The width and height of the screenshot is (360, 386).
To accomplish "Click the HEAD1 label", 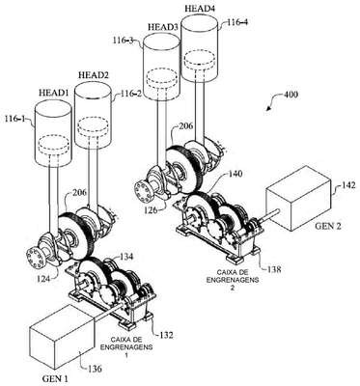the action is click(x=53, y=93).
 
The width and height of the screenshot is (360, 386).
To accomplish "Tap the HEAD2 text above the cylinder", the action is click(x=94, y=75).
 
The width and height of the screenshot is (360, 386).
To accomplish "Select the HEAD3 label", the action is click(x=163, y=27).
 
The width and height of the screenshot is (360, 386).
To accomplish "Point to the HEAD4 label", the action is click(x=200, y=9).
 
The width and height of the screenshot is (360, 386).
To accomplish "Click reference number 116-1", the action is click(x=14, y=119).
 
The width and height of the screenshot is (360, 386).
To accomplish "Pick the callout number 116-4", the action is click(x=237, y=22).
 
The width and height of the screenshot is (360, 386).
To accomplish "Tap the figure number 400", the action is click(x=291, y=95).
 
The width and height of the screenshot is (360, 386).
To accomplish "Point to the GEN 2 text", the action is click(x=328, y=226).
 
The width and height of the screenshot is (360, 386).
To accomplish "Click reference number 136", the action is click(x=95, y=369).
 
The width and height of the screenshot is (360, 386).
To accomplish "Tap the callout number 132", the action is click(x=166, y=335).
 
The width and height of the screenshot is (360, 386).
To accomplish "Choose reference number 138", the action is click(x=274, y=268).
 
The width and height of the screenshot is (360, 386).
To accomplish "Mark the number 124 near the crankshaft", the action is click(x=43, y=279).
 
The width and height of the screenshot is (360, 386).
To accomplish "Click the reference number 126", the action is click(x=151, y=210).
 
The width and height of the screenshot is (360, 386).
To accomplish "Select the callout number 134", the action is click(x=126, y=257).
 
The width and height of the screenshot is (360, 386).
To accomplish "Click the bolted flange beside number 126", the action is click(x=144, y=192).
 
